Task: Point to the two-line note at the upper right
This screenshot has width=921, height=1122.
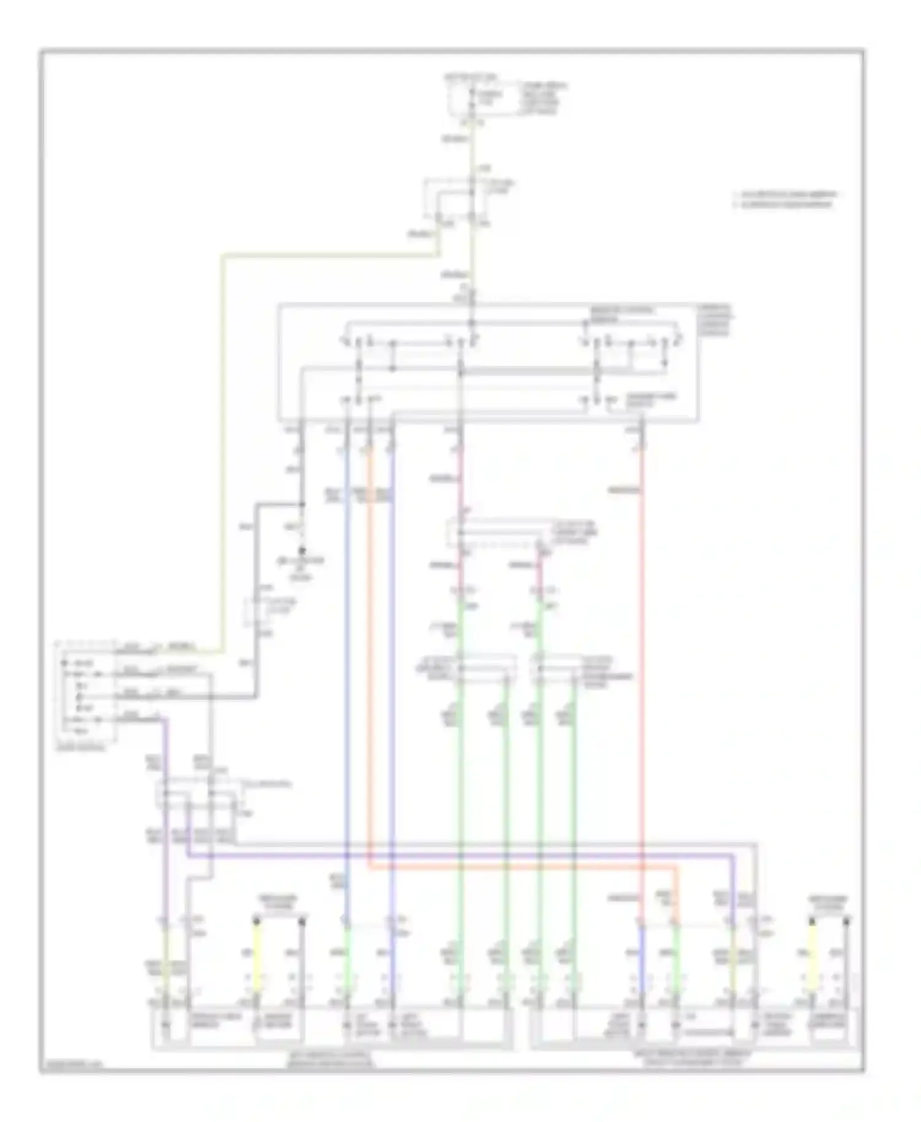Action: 785,199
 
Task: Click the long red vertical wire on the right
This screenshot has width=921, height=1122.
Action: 642,675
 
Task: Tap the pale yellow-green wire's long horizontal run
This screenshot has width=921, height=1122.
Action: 332,253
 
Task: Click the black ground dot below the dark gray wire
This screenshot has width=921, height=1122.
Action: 302,551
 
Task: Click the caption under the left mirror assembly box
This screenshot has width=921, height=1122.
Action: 332,1060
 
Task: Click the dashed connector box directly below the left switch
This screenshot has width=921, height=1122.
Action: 200,795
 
